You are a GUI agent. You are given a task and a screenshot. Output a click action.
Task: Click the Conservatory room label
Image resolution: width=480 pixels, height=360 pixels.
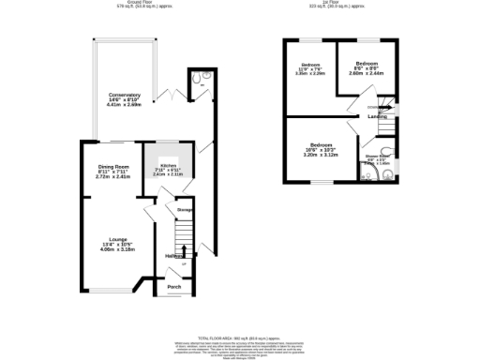point(124,95)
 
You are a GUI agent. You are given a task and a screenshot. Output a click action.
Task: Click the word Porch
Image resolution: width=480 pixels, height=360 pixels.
point(173,287)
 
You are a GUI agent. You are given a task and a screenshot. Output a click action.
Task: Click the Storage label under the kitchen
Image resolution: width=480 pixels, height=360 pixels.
point(184,210)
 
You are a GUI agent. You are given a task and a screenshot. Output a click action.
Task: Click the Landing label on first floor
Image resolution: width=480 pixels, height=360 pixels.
point(378,116)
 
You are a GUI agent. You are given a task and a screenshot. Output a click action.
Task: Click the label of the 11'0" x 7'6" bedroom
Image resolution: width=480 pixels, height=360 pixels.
point(311,64)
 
